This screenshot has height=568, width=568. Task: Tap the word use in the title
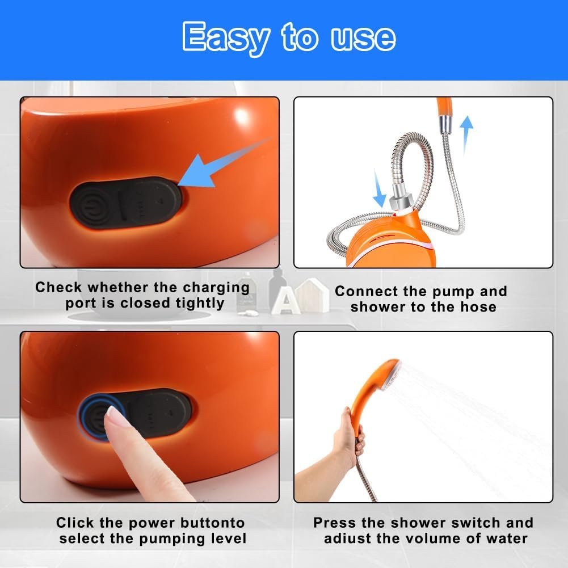(363, 39)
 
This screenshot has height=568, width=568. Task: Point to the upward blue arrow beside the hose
(466, 134)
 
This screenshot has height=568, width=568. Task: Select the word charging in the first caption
(216, 288)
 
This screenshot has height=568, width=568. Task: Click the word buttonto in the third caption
(213, 523)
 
